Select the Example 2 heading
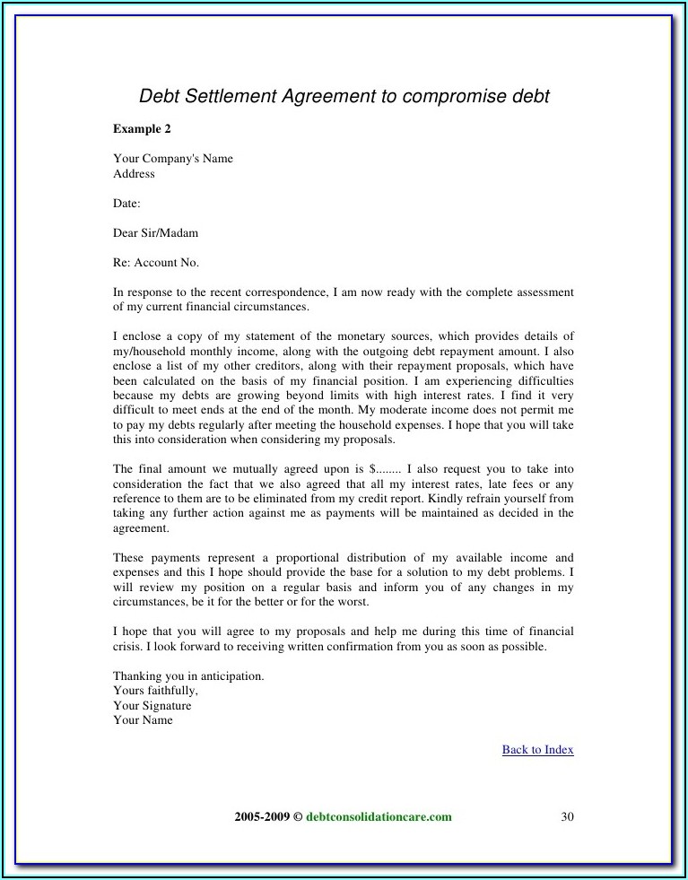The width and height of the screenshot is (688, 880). tap(142, 129)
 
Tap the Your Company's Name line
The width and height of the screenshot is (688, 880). tap(173, 159)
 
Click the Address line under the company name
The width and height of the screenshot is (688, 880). tap(134, 174)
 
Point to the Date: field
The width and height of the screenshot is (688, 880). tap(126, 204)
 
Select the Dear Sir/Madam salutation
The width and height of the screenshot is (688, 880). tap(155, 233)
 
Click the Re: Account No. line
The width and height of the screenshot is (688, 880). tap(156, 263)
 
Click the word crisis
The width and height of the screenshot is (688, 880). tap(127, 647)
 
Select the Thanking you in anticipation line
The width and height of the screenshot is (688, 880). tap(188, 676)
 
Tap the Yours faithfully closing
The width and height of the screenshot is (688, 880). tap(155, 691)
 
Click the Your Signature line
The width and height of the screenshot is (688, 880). tap(152, 706)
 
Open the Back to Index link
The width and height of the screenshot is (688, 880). tap(537, 750)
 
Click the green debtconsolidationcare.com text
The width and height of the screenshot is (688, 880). tap(379, 817)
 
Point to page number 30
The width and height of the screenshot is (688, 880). tap(566, 817)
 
